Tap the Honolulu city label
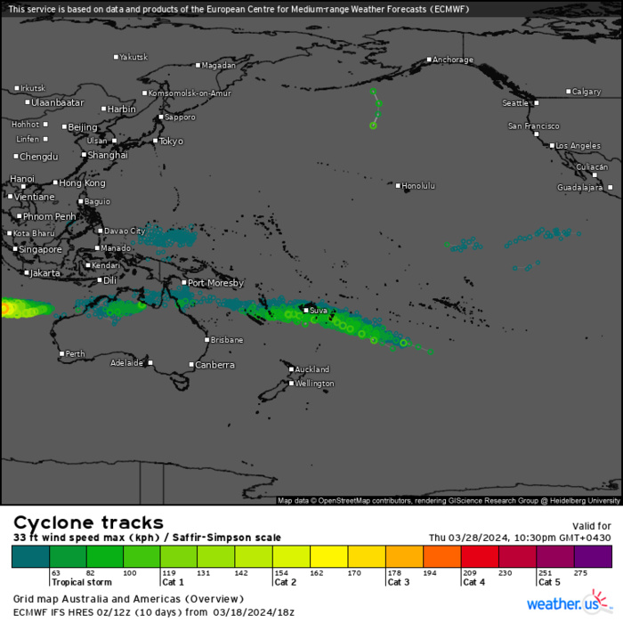[418, 186]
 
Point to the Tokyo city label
[171, 141]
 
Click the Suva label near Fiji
[319, 311]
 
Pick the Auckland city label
[312, 369]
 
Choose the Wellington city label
[315, 384]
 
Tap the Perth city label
[76, 354]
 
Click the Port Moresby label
[214, 283]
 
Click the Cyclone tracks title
[88, 522]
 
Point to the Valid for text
[592, 526]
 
